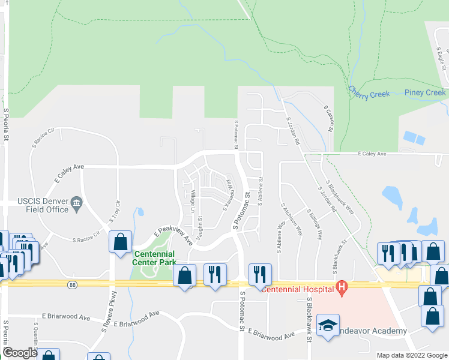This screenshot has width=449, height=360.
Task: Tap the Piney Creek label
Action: click(425, 92)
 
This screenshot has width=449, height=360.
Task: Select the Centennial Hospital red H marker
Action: click(342, 288)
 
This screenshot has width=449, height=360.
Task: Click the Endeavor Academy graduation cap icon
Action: click(328, 325)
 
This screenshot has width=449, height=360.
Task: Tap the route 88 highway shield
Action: click(73, 285)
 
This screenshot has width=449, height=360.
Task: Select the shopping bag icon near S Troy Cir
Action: click(120, 242)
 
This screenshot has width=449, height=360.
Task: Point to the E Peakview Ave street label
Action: click(173, 235)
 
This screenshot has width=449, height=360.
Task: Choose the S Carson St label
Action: click(328, 119)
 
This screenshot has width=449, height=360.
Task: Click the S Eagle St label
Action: click(442, 59)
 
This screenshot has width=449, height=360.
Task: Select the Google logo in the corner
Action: click(20, 353)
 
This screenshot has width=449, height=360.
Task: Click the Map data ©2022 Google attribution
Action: click(411, 355)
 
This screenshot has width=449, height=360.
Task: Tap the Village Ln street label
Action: click(193, 202)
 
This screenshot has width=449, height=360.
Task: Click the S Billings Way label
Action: click(315, 225)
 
